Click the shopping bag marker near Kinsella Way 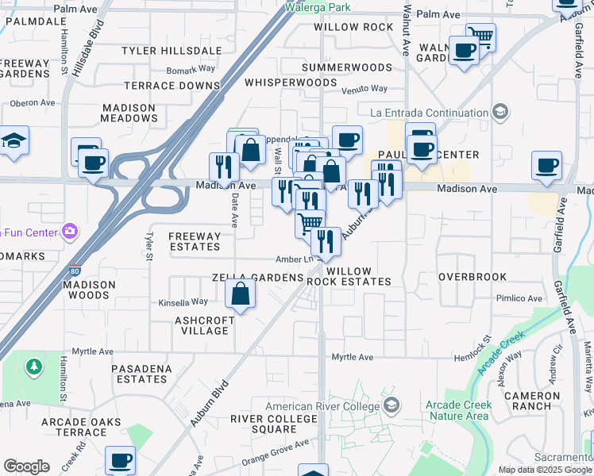point(240,295)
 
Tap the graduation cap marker point(13,141)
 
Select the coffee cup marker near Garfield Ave point(546,166)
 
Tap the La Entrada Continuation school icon point(500,113)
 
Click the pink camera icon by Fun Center point(71,232)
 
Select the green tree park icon point(33,367)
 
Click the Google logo point(26,466)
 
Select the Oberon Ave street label point(32,103)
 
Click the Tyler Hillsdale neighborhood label point(172,51)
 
